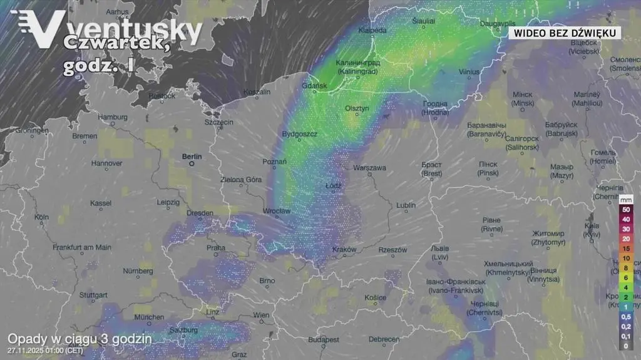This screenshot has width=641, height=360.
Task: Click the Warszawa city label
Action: (369, 168)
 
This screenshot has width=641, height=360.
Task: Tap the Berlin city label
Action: (192, 156)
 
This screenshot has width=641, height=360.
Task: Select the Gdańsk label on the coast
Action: (314, 85)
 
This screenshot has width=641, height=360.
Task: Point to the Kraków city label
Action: (344, 249)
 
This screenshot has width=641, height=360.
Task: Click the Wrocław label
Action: (276, 211)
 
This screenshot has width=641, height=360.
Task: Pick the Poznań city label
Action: (274, 162)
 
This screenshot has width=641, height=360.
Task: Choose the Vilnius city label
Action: (469, 72)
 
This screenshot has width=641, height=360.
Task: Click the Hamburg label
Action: (113, 117)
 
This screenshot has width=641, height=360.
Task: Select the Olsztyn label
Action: (357, 109)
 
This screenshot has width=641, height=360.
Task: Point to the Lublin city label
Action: (406, 205)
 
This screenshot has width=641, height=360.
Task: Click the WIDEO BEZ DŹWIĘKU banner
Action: (565, 33)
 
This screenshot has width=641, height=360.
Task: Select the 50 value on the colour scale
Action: (625, 209)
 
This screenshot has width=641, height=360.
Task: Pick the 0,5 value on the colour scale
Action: (625, 316)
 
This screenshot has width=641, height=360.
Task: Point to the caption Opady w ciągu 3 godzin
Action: (79, 339)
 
